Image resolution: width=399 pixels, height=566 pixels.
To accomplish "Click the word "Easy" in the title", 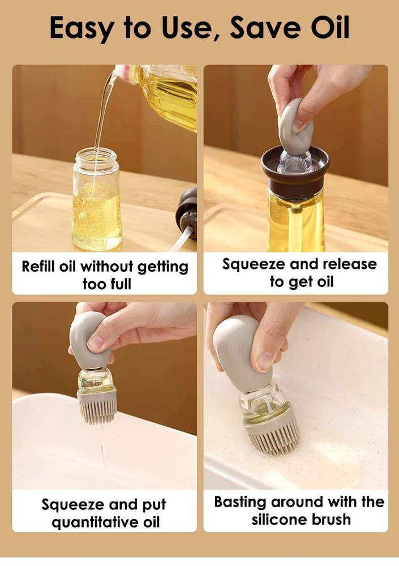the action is click(x=80, y=28).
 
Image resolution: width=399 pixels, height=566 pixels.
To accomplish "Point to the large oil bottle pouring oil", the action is click(x=159, y=95).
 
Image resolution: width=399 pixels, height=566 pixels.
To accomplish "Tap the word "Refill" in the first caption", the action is click(x=38, y=267).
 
